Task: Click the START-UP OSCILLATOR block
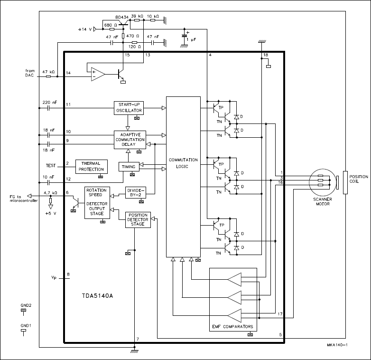coord(128,108)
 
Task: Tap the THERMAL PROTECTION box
coord(91,166)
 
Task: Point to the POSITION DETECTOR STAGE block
coord(138,220)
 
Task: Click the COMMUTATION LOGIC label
coord(183,163)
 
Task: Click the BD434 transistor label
coord(122,17)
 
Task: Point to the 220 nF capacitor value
coord(49,103)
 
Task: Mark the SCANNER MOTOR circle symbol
coord(322,181)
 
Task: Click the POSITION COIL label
coord(358,180)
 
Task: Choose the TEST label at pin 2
coord(50,165)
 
